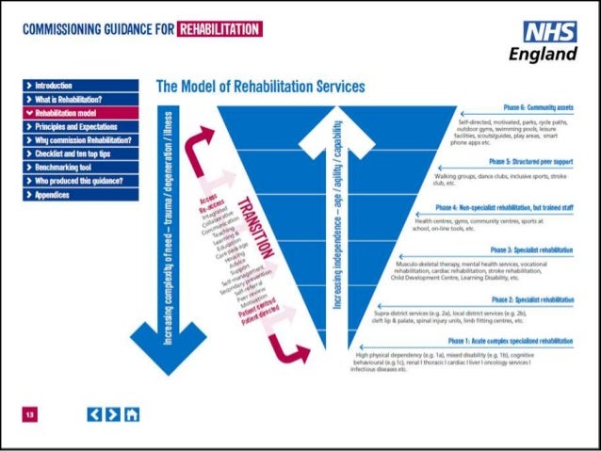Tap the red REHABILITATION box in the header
[x=219, y=29]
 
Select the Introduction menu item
[x=57, y=85]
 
